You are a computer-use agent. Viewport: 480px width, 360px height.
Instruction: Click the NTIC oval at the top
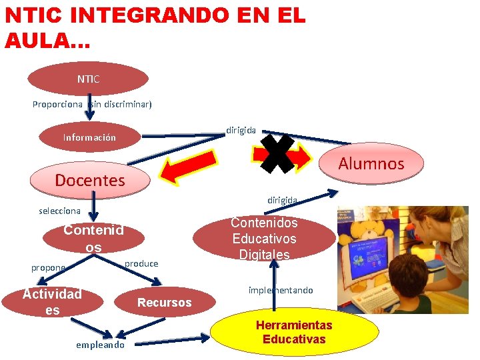click(88, 79)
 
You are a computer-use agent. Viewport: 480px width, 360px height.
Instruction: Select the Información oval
click(89, 137)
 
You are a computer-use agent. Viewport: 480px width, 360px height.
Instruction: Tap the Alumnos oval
click(371, 163)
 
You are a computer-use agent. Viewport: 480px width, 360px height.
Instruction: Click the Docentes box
click(90, 180)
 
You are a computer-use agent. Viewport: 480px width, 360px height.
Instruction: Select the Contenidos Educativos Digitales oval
click(264, 239)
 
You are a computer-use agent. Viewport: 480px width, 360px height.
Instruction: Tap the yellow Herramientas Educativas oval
click(294, 332)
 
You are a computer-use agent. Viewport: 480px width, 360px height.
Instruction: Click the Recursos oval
click(164, 303)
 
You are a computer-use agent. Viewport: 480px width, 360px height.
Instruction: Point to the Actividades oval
click(52, 302)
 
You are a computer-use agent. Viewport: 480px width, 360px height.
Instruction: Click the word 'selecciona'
click(60, 211)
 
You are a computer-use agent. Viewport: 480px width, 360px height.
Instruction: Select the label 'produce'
click(141, 263)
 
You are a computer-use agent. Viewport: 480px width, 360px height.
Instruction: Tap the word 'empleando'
click(100, 345)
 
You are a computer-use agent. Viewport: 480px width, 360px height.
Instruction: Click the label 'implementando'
click(281, 291)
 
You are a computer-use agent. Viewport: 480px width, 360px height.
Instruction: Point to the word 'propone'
click(49, 267)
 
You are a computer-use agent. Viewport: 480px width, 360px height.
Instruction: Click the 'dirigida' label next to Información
click(241, 131)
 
